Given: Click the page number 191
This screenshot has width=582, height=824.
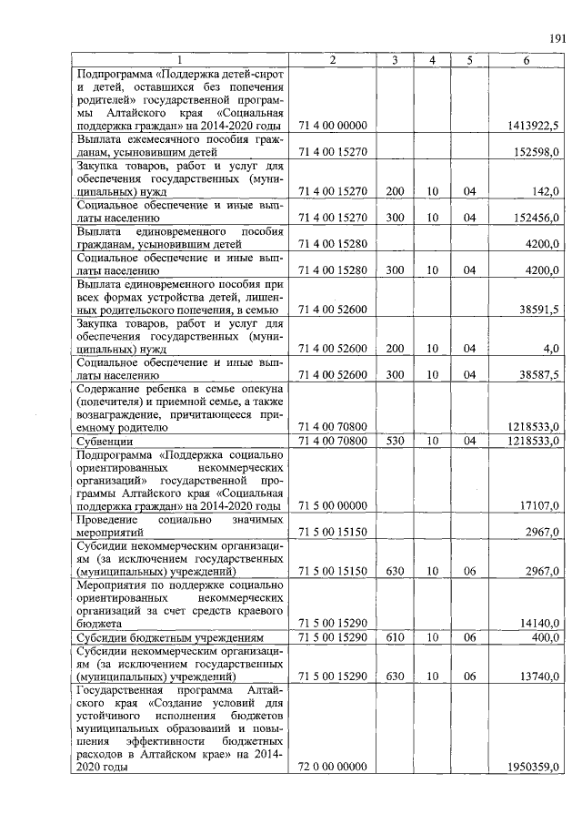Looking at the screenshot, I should [557, 37].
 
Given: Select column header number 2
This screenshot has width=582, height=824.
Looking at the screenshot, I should [332, 59].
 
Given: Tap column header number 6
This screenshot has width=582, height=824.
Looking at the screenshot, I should [527, 59].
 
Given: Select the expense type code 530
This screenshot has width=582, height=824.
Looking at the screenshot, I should [394, 442].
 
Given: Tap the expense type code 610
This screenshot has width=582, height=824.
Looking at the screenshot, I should [394, 638].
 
